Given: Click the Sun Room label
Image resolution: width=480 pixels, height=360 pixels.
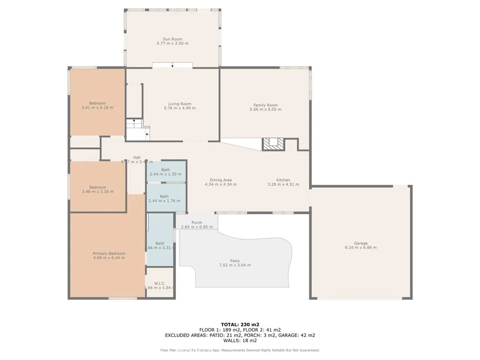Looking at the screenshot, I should (x=172, y=39).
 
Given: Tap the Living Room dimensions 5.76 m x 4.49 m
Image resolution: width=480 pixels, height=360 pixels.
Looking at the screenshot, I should (x=180, y=108).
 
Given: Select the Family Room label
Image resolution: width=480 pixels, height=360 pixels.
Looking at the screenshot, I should (x=265, y=105).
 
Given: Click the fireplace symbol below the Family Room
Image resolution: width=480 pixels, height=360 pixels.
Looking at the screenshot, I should (x=273, y=144).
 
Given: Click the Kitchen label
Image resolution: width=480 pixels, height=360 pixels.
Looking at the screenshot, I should (x=283, y=180).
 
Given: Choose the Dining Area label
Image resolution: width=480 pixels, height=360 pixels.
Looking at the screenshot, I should (x=220, y=180).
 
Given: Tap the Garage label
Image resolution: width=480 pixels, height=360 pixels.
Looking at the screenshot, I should (x=360, y=243).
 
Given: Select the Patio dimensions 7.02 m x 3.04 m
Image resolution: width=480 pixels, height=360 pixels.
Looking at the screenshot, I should (x=234, y=265).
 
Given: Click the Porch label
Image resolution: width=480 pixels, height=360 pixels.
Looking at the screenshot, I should (x=196, y=223).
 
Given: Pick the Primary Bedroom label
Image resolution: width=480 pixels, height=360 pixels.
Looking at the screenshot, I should (x=109, y=254).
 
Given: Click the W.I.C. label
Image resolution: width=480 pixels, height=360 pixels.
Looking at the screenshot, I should (x=159, y=283).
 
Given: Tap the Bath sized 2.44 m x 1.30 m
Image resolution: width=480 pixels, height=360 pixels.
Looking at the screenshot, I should (x=165, y=172).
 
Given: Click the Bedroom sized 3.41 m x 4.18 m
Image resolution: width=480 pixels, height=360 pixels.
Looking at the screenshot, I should (x=97, y=105).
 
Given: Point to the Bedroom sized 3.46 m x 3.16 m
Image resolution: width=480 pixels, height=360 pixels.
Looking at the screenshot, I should (x=97, y=189).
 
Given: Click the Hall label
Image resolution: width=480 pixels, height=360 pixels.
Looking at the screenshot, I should (x=136, y=157).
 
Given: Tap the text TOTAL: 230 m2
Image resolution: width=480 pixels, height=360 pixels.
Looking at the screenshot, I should (x=240, y=324).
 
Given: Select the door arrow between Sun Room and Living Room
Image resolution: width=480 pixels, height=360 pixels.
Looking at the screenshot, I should (x=172, y=66).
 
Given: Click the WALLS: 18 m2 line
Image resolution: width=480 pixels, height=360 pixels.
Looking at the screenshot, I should (x=240, y=341).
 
